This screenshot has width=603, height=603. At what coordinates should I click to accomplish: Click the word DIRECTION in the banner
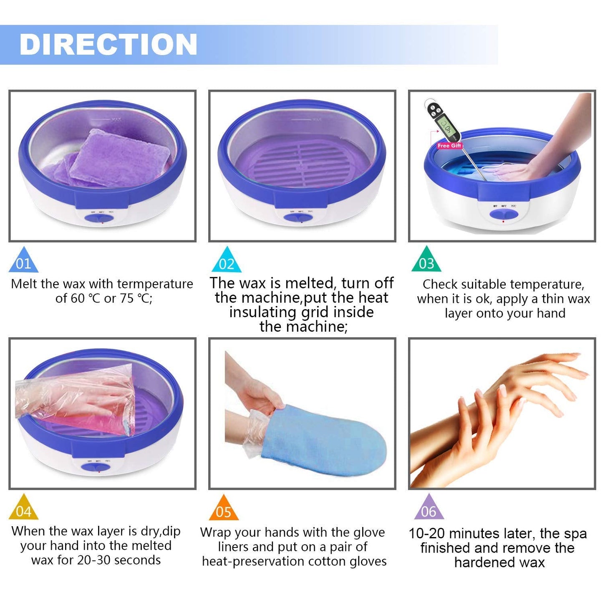point(108,44)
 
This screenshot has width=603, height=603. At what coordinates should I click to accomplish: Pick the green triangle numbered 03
point(426,260)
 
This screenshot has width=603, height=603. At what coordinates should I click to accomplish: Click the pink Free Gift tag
point(449,146)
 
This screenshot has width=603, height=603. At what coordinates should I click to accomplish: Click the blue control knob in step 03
point(504,214)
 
